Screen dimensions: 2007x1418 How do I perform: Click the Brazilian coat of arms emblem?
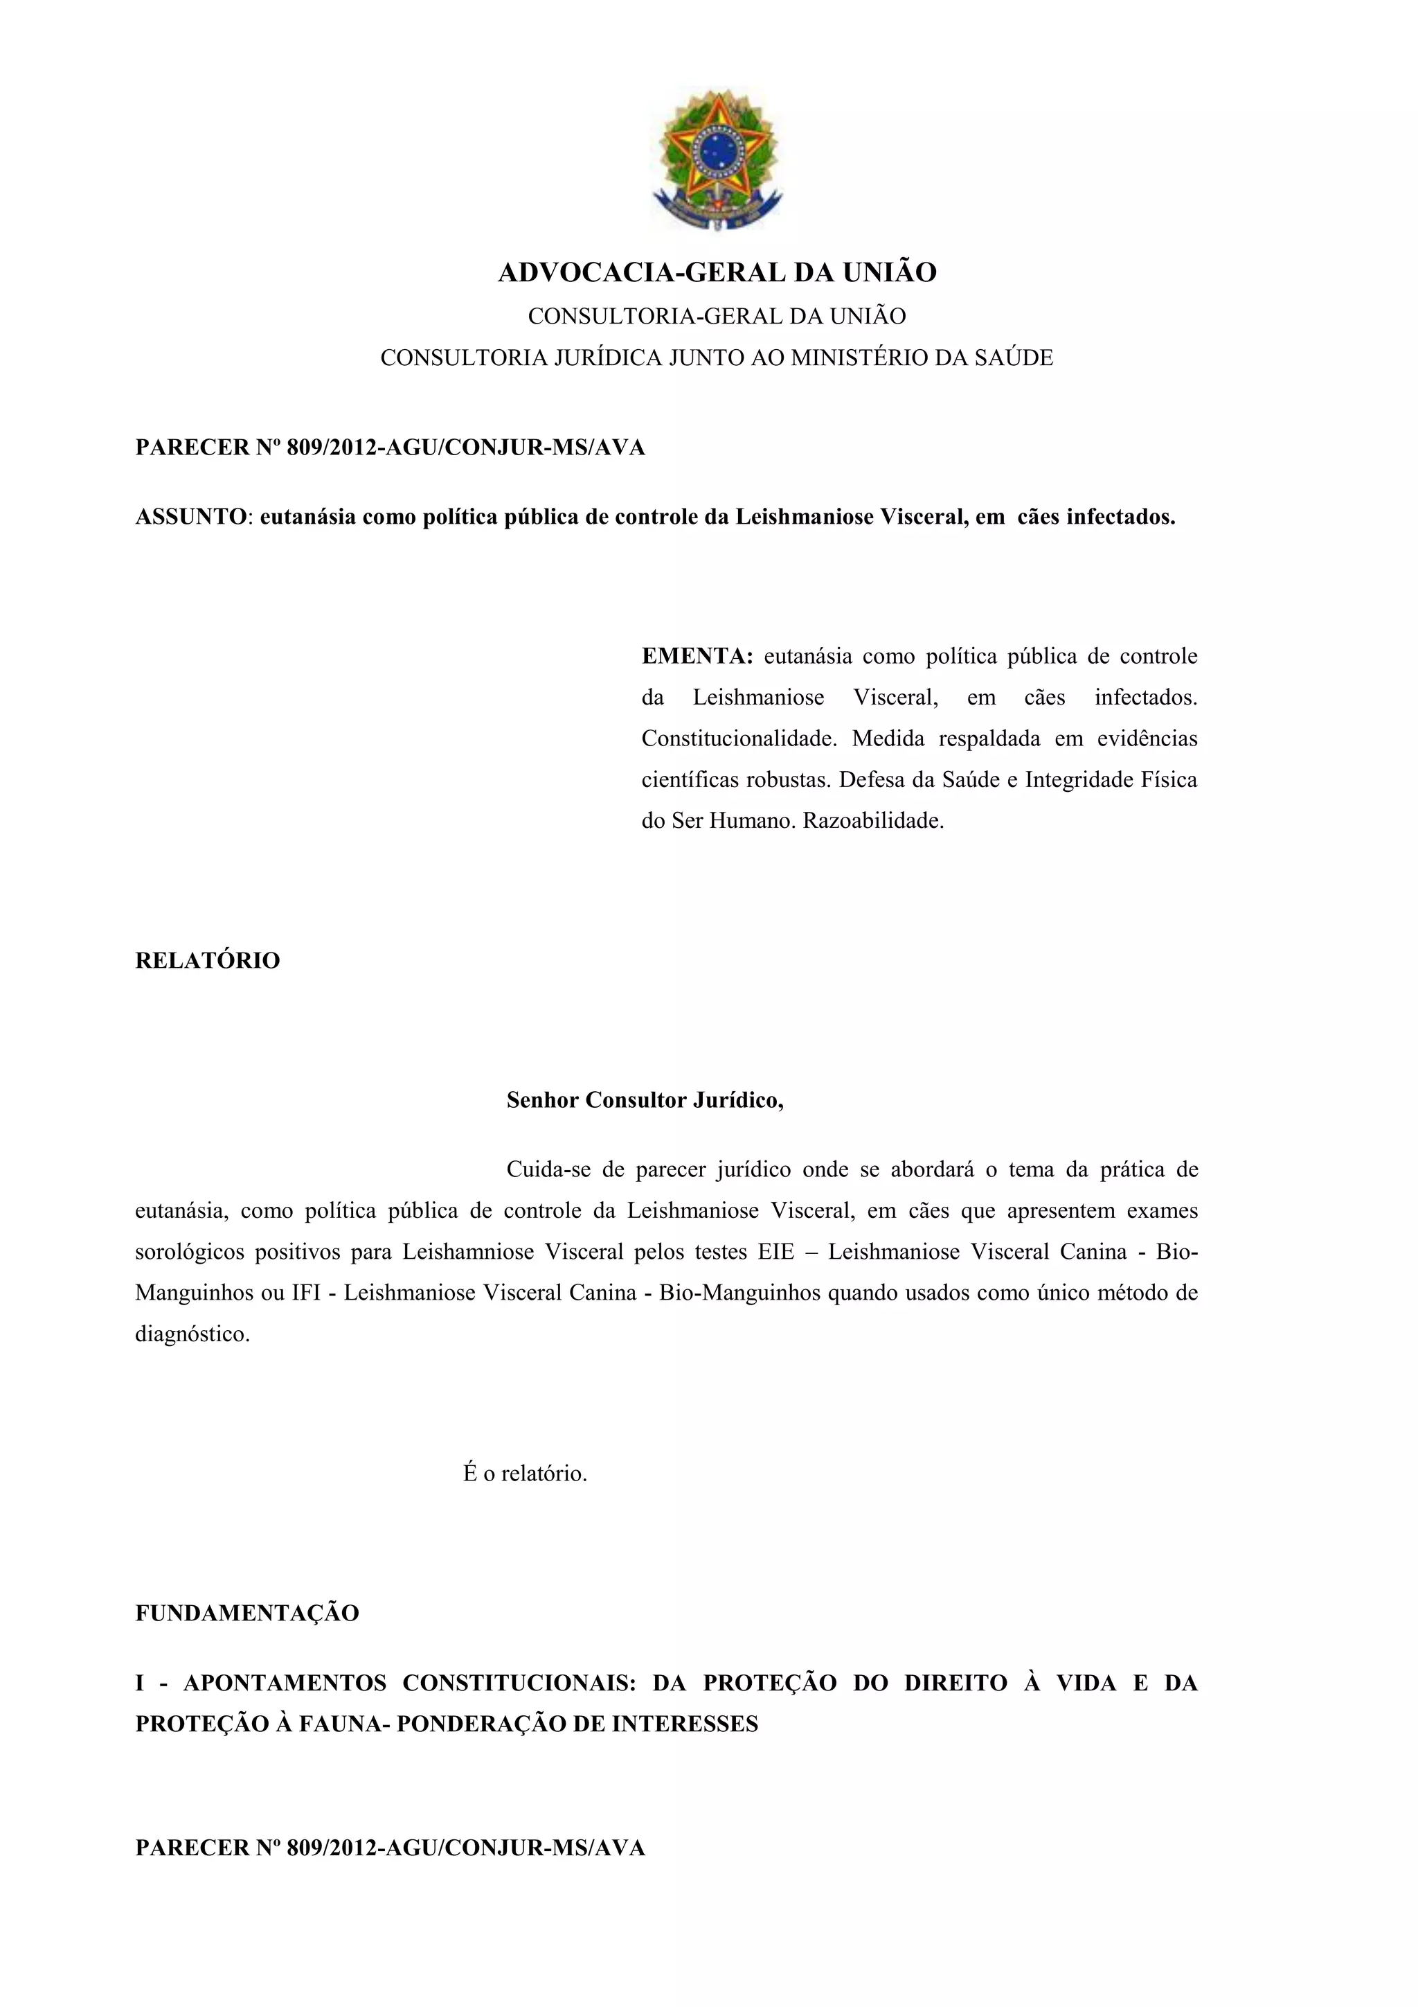pyautogui.click(x=717, y=160)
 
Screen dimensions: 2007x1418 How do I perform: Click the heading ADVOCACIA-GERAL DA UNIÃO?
pyautogui.click(x=717, y=273)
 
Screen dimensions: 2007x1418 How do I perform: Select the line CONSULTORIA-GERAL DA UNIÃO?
pyautogui.click(x=717, y=317)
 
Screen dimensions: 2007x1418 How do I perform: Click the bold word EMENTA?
pyautogui.click(x=697, y=657)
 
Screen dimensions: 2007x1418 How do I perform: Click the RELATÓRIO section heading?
pyautogui.click(x=207, y=961)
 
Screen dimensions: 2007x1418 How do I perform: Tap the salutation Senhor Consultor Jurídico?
pyautogui.click(x=645, y=1099)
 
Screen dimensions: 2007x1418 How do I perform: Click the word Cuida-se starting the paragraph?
pyautogui.click(x=548, y=1169)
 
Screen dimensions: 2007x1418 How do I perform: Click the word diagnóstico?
pyautogui.click(x=192, y=1335)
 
